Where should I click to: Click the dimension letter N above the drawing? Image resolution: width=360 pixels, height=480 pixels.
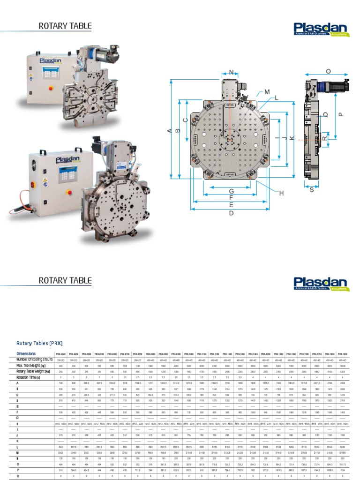[231, 72]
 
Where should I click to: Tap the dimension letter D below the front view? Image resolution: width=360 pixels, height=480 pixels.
[231, 213]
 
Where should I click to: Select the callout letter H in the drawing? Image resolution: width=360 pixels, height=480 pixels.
[282, 193]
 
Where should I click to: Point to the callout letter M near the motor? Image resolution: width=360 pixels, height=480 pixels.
[267, 91]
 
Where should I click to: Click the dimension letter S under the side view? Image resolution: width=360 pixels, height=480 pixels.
[312, 189]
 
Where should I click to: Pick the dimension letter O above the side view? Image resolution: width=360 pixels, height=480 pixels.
[328, 71]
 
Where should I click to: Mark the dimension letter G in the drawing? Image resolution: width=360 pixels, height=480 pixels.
[231, 191]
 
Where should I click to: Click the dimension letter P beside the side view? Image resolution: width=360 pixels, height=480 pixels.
[341, 114]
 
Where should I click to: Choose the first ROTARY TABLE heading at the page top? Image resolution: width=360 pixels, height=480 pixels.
[65, 26]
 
